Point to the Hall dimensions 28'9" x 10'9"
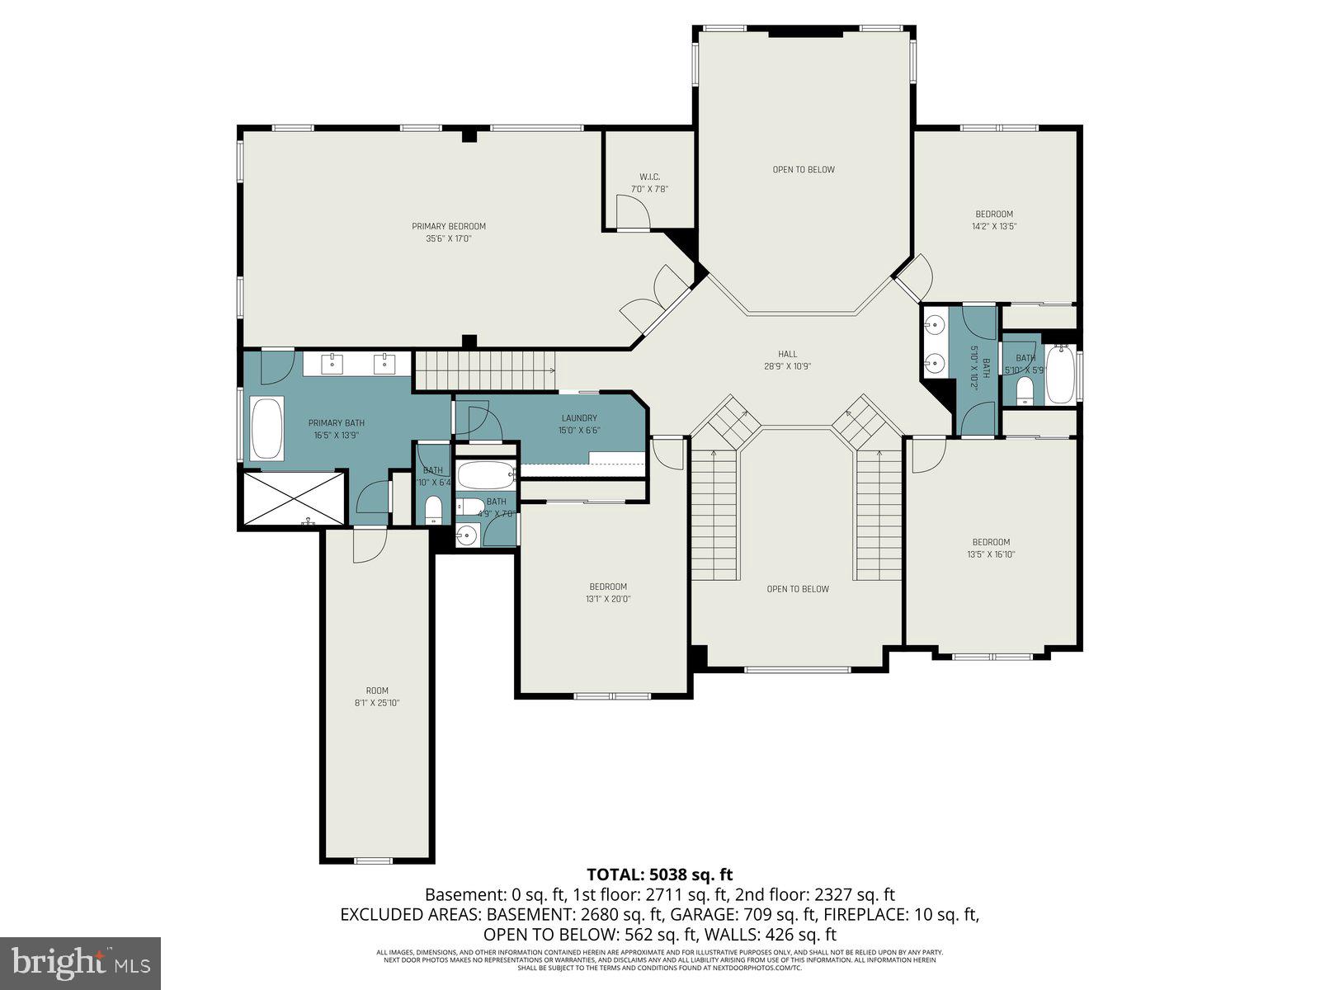tap(787, 366)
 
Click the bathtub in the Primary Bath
tap(266, 428)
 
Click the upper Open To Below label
tap(803, 170)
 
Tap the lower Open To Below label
tap(798, 589)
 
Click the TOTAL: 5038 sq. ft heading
tap(659, 874)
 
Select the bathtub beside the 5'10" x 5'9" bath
tap(1059, 376)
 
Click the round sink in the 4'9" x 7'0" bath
tap(467, 535)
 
